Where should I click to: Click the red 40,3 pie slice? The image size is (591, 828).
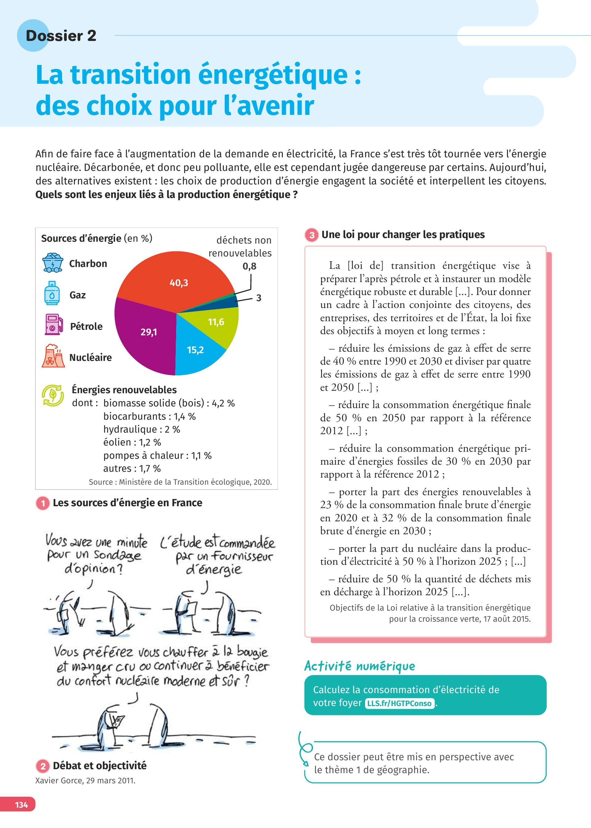[x=175, y=280]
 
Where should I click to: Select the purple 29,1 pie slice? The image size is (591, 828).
[x=146, y=335]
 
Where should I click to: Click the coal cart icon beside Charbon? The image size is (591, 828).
[x=53, y=263]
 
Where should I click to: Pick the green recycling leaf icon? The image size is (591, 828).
[x=53, y=395]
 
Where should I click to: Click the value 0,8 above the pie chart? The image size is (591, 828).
[x=249, y=266]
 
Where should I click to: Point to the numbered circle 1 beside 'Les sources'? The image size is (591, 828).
[x=43, y=503]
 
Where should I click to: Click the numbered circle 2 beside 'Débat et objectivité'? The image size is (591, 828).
[x=43, y=766]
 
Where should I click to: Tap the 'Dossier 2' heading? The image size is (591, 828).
[x=61, y=36]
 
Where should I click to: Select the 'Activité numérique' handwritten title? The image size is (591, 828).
[x=360, y=666]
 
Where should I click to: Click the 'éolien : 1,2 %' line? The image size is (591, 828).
[x=132, y=442]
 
